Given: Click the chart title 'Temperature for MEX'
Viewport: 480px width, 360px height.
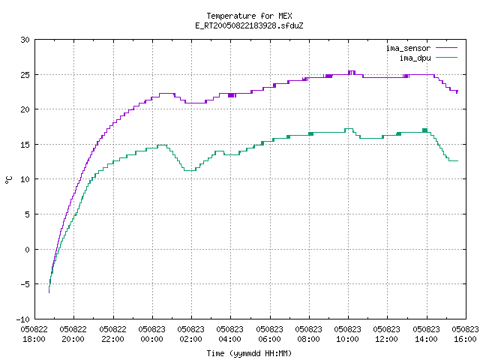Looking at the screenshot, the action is (249, 16).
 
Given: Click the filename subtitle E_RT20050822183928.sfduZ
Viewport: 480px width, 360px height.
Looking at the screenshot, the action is (249, 25).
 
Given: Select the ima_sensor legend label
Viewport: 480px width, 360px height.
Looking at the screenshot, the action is (408, 48).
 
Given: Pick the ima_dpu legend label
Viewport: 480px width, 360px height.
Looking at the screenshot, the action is (415, 58).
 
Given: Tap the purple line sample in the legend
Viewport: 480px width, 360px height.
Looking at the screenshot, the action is (447, 48).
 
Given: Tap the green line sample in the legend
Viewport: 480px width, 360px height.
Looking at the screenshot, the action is (447, 57).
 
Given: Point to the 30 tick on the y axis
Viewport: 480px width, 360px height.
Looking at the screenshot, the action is (25, 40).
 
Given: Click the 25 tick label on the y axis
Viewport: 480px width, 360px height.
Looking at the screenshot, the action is (25, 75).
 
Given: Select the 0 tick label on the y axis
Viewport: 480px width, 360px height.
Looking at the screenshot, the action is (27, 250).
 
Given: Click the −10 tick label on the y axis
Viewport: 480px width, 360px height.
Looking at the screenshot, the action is (23, 319).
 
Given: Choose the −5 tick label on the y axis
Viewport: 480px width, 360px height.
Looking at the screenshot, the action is (25, 284).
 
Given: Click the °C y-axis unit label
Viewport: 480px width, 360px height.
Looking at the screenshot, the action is (8, 180).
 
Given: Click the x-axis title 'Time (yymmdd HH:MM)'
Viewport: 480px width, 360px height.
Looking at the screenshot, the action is (249, 353).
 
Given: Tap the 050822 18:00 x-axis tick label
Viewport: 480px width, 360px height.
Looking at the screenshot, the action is (34, 334).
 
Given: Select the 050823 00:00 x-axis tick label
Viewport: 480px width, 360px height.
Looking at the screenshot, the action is (151, 334).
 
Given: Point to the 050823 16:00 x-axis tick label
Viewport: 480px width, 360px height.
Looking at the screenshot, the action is (465, 334).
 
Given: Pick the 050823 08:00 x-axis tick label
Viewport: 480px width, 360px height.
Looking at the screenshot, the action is (308, 334).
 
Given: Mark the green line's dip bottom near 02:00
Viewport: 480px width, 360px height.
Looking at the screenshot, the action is (190, 170).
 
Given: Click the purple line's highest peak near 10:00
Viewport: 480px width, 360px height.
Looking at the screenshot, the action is (352, 71).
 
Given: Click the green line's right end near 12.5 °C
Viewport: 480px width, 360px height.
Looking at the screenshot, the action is (458, 160).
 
